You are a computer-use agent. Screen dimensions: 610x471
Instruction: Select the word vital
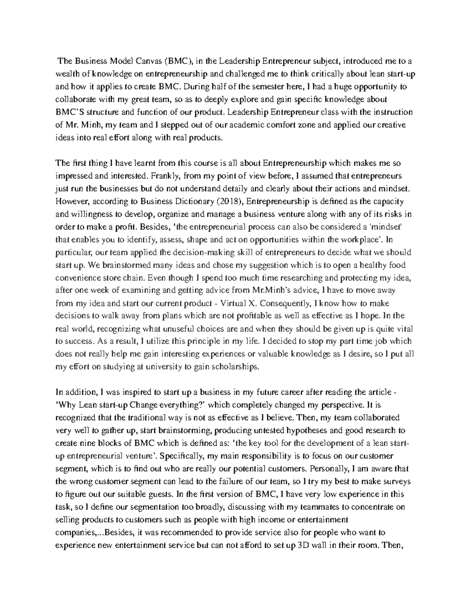point(403,329)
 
